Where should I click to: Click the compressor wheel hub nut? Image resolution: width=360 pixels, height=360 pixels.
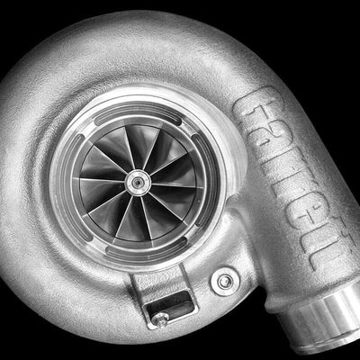[138, 183]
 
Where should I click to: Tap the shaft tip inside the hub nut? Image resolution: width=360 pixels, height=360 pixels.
[138, 182]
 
